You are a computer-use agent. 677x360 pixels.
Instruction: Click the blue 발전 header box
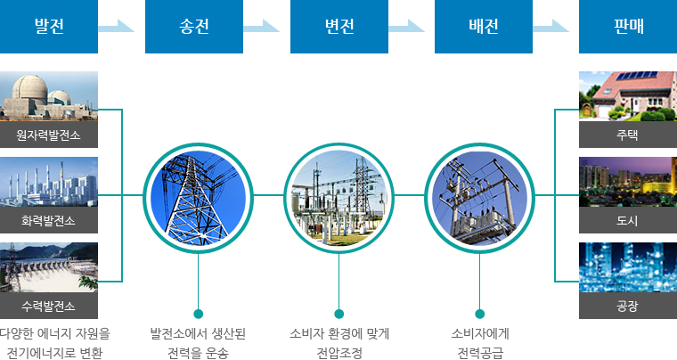[49, 27]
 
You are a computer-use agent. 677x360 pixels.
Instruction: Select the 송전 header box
[194, 27]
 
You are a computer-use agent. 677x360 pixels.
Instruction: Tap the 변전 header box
[338, 27]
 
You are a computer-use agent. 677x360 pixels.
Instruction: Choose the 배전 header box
[484, 27]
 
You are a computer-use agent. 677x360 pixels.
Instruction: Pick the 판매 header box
[628, 27]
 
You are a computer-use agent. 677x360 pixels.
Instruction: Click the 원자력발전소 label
[49, 135]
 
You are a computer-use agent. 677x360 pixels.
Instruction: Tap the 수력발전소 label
[49, 307]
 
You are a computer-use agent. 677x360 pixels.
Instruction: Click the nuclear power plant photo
[49, 97]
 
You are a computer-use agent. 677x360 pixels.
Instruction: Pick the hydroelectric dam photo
[49, 268]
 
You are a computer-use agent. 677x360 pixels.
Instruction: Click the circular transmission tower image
[194, 194]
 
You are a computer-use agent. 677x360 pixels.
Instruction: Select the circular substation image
[338, 194]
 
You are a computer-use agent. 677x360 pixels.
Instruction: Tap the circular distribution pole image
[480, 194]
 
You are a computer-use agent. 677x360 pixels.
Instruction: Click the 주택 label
[628, 135]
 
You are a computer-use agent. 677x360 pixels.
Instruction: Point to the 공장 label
[628, 307]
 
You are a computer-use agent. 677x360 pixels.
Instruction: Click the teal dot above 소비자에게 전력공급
[480, 314]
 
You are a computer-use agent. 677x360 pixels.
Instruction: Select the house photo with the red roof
[628, 95]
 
